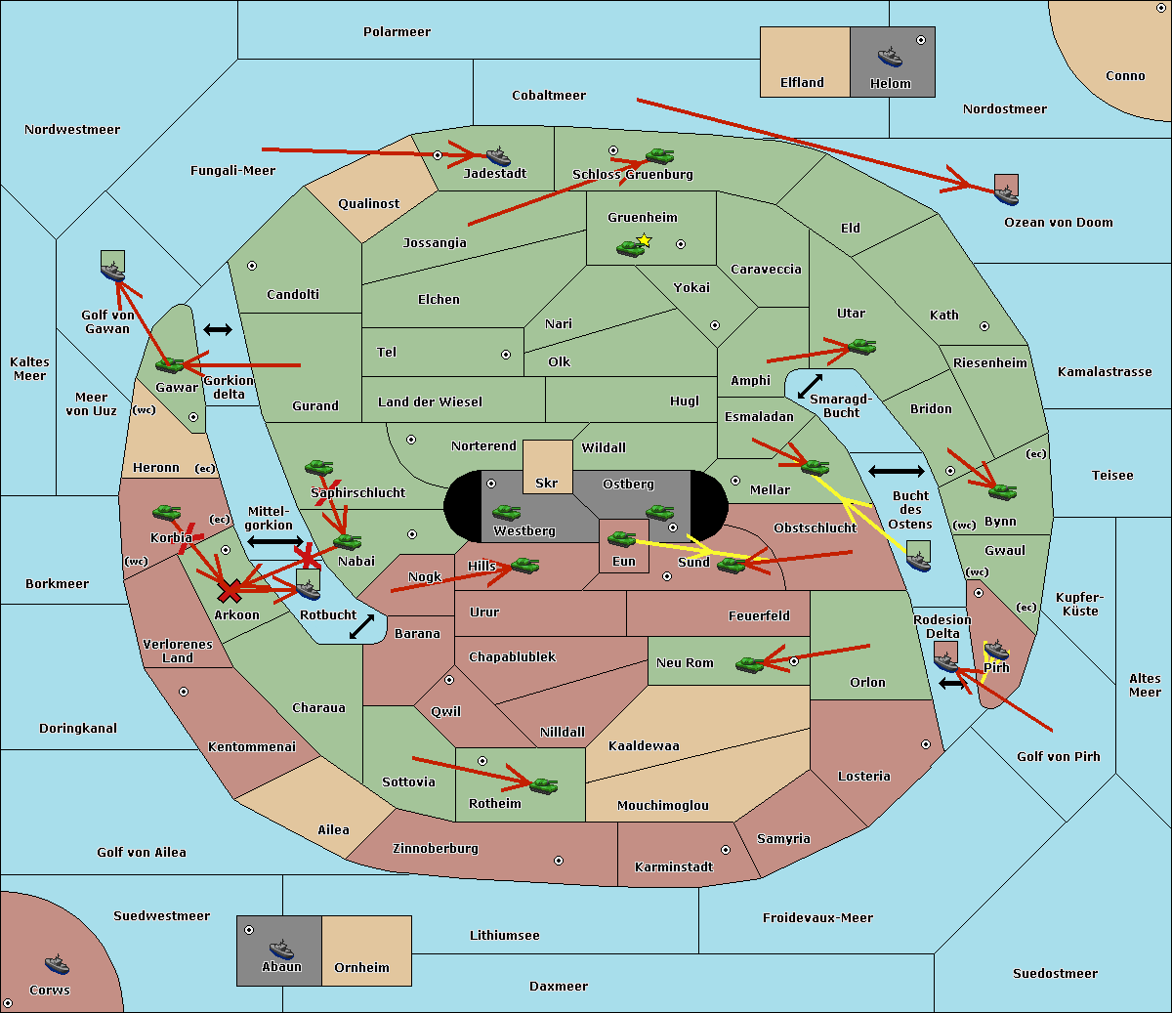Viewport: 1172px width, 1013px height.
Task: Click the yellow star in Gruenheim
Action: tap(644, 240)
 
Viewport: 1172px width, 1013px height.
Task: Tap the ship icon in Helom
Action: tap(889, 57)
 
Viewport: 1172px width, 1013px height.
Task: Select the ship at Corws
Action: tap(58, 964)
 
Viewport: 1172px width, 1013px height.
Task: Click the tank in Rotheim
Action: tap(543, 784)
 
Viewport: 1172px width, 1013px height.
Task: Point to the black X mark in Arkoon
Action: tap(230, 590)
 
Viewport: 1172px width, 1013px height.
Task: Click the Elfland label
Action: tap(802, 83)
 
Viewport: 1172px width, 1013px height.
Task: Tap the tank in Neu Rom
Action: tap(750, 664)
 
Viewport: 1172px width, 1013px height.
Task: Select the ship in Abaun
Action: tap(281, 948)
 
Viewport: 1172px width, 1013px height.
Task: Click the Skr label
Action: tap(547, 483)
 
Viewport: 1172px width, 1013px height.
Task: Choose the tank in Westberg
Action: tap(506, 512)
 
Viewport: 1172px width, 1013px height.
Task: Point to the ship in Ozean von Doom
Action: tap(1006, 194)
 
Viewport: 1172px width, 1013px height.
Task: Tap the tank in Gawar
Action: tap(170, 365)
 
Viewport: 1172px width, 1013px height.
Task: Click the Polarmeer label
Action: tap(397, 32)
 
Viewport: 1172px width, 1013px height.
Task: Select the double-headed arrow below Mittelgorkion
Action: tap(275, 541)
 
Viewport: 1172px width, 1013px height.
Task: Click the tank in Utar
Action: tap(861, 346)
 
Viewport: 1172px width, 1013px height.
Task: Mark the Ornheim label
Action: tap(361, 968)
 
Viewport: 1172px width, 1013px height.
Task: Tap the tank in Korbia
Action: tap(166, 513)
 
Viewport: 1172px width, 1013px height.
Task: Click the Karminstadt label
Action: tap(674, 867)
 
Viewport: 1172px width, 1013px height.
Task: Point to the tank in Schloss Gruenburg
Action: tap(659, 155)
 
